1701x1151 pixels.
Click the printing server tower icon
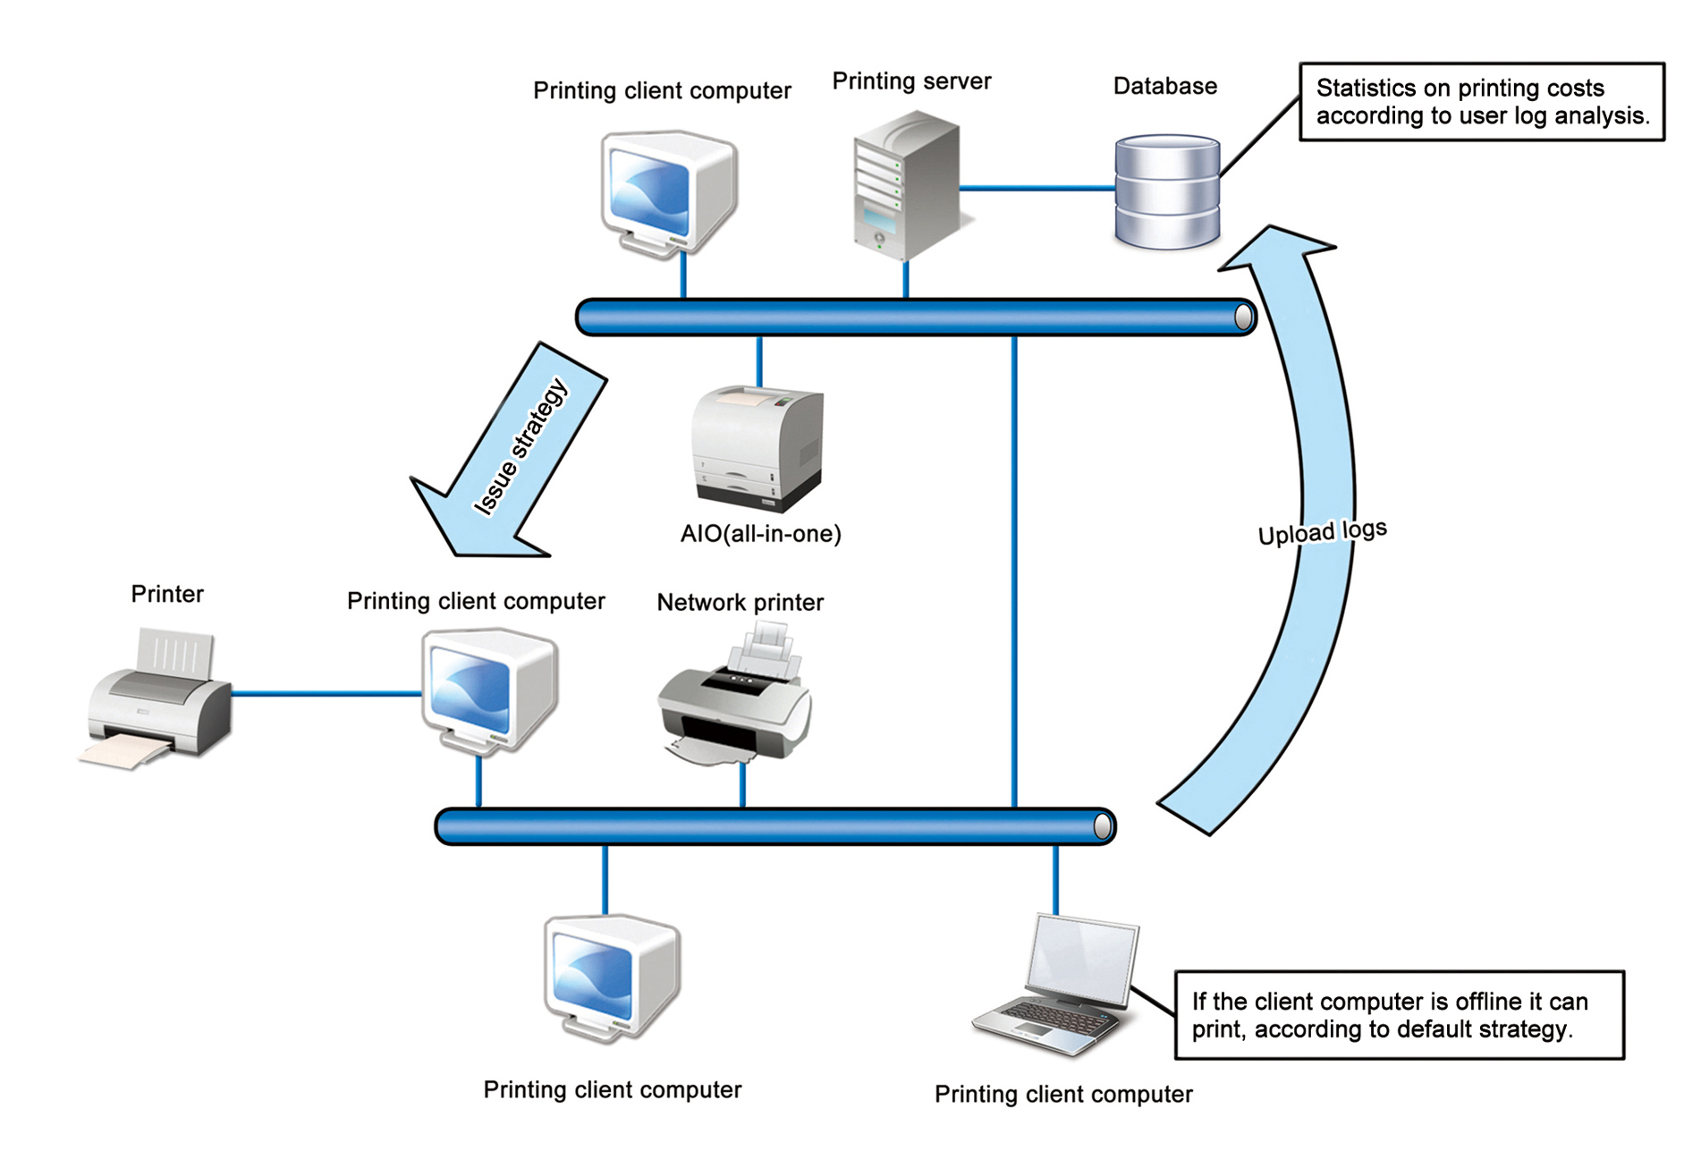click(x=906, y=185)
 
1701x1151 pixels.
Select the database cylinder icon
click(x=1167, y=191)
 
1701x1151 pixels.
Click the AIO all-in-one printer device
click(x=758, y=447)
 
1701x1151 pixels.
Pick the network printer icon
click(x=735, y=696)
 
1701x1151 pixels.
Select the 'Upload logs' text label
click(x=1322, y=532)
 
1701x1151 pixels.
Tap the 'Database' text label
click(x=1164, y=87)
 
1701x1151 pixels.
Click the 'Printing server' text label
click(x=911, y=81)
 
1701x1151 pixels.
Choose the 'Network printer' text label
click(x=740, y=603)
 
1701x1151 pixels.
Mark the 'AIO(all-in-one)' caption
click(x=760, y=534)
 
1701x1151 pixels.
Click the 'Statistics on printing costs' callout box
click(x=1481, y=102)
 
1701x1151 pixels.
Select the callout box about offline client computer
click(x=1399, y=1015)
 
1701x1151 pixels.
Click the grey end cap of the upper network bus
click(x=1243, y=317)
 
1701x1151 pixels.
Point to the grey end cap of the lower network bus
click(x=1104, y=826)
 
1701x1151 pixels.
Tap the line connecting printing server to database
click(x=1037, y=188)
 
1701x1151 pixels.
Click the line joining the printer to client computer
click(x=326, y=693)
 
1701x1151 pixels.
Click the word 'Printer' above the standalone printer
click(x=167, y=595)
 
